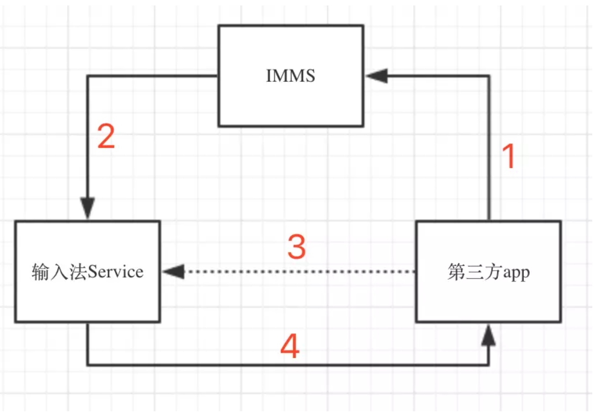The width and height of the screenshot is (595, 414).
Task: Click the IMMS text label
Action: (291, 76)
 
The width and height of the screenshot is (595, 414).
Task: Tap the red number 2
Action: (106, 136)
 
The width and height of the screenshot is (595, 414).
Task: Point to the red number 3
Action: (297, 247)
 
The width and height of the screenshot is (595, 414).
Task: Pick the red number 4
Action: (290, 346)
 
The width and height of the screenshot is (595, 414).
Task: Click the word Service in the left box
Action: (116, 272)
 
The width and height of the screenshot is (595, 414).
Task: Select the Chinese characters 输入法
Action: (60, 272)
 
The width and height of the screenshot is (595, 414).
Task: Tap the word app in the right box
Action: (517, 273)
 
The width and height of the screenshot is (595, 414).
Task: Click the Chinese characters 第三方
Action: (476, 272)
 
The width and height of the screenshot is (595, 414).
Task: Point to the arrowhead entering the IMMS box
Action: (377, 76)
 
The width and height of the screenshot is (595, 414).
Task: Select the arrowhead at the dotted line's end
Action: (174, 272)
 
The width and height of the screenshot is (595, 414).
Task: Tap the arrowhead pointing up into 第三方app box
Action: (488, 335)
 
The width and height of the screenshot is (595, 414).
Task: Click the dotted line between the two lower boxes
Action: (300, 272)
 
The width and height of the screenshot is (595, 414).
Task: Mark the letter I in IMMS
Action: (268, 76)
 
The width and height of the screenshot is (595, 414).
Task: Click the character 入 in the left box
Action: (60, 272)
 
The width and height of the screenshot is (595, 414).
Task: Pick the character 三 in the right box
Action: (476, 272)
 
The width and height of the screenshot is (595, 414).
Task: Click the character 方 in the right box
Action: (494, 272)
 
